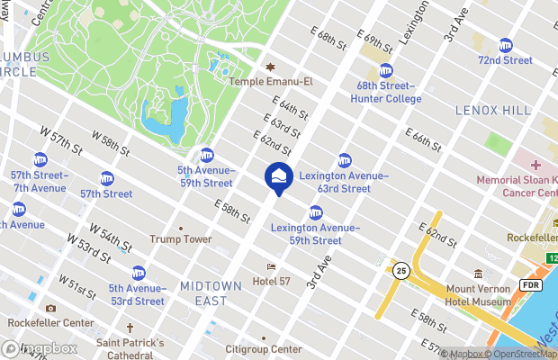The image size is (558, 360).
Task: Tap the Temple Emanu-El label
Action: click(x=270, y=81)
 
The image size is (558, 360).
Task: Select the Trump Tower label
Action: click(x=180, y=239)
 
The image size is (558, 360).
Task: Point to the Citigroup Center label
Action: click(x=263, y=349)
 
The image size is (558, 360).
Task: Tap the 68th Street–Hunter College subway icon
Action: click(x=386, y=70)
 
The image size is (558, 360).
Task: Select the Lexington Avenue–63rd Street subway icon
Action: click(x=345, y=160)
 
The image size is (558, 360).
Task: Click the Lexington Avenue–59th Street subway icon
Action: click(x=316, y=212)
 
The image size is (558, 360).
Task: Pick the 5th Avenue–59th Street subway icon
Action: click(x=207, y=155)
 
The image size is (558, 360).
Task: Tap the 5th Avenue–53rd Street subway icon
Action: click(x=139, y=273)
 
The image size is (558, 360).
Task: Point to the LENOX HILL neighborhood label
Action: click(x=494, y=110)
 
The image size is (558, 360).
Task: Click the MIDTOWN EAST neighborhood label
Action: click(x=211, y=292)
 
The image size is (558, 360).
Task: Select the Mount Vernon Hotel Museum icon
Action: click(x=477, y=274)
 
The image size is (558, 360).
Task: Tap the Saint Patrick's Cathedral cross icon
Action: click(x=130, y=328)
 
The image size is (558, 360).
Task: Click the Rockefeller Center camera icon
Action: click(x=50, y=309)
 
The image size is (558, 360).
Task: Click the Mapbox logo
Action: click(x=38, y=348)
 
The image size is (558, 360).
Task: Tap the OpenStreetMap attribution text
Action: click(x=523, y=354)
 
